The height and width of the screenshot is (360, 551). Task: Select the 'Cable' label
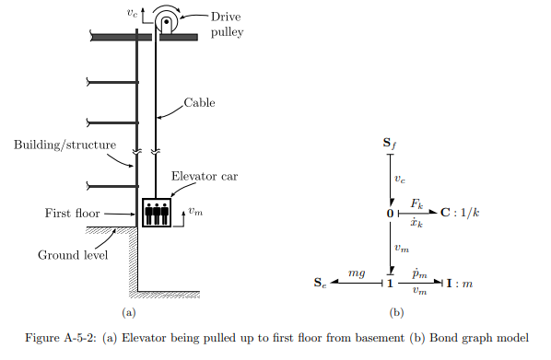pyautogui.click(x=199, y=102)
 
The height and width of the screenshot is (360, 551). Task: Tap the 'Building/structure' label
pyautogui.click(x=54, y=145)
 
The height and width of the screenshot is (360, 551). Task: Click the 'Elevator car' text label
pyautogui.click(x=204, y=176)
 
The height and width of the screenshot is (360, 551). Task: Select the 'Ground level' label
pyautogui.click(x=68, y=255)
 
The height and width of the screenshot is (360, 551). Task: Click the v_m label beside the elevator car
pyautogui.click(x=194, y=213)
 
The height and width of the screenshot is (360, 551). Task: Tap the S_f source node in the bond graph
pyautogui.click(x=391, y=144)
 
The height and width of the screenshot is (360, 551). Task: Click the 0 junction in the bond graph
pyautogui.click(x=390, y=214)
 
